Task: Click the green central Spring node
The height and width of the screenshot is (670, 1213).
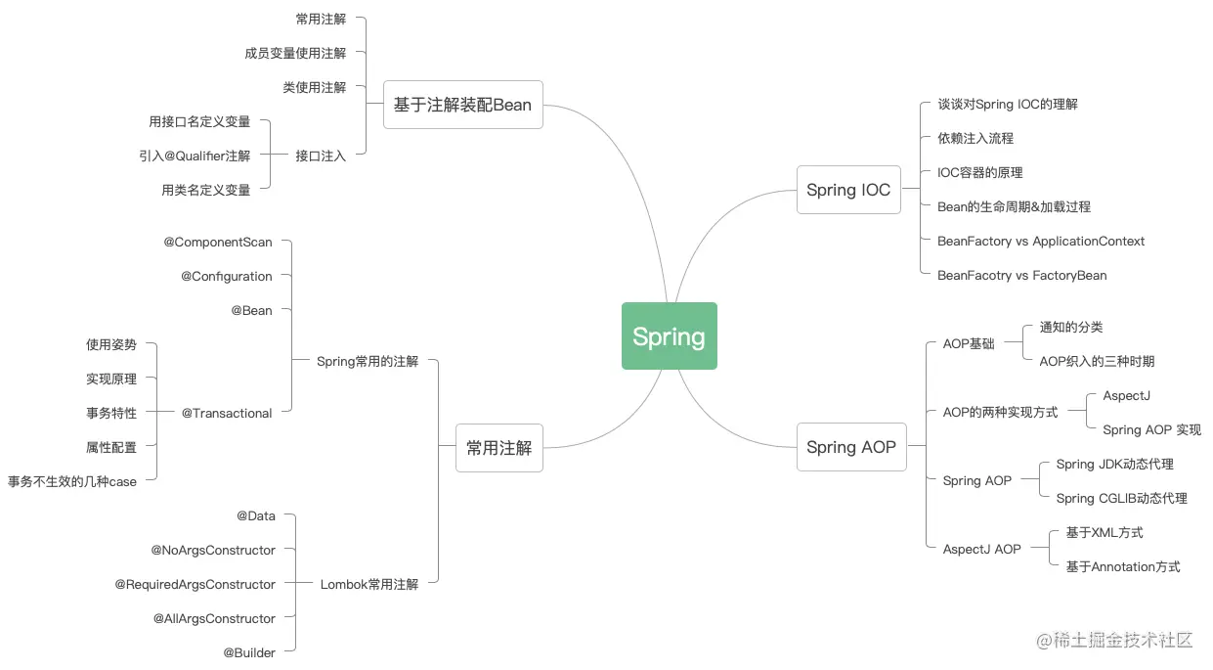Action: [x=669, y=335]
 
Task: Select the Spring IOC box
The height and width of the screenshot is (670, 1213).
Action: [x=848, y=190]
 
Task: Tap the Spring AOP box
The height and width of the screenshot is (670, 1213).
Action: [x=850, y=447]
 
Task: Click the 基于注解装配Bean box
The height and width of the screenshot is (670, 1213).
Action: [x=462, y=105]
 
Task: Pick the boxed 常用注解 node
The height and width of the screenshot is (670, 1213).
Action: [x=498, y=448]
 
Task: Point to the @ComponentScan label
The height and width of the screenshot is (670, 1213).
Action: [x=218, y=242]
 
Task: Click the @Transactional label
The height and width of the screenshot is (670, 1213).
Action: [x=227, y=413]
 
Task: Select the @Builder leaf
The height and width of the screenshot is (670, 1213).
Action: [x=249, y=652]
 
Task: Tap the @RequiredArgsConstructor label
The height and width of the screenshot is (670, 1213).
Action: [x=195, y=584]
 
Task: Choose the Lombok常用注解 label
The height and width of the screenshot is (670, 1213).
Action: [x=369, y=584]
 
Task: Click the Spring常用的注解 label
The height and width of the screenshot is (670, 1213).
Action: [x=368, y=361]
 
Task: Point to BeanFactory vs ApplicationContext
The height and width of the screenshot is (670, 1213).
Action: [x=1041, y=241]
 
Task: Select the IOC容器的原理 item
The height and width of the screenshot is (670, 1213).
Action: [x=980, y=172]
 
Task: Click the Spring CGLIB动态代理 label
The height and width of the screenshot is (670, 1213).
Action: [x=1121, y=498]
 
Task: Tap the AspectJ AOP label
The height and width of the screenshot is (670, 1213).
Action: [x=981, y=549]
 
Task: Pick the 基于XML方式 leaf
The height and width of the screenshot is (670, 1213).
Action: [x=1105, y=532]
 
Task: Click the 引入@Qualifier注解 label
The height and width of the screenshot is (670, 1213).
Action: [x=195, y=156]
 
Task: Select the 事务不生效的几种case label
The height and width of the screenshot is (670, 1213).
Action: [x=72, y=481]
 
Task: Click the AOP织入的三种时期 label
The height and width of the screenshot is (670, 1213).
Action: [x=1097, y=361]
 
